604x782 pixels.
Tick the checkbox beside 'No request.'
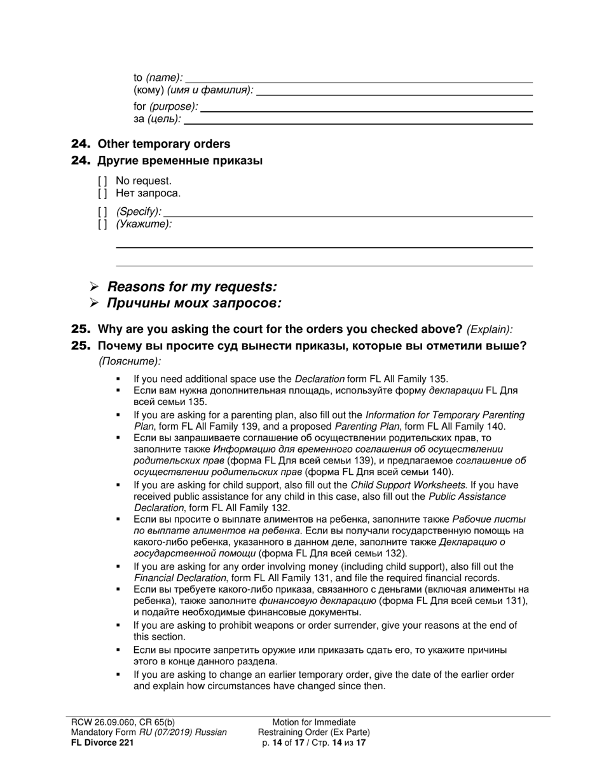pyautogui.click(x=102, y=181)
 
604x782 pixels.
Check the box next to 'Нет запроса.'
pyautogui.click(x=102, y=193)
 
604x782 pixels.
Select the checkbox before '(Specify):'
pyautogui.click(x=102, y=212)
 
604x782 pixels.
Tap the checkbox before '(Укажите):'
pyautogui.click(x=102, y=224)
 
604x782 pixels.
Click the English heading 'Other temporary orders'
pyautogui.click(x=163, y=144)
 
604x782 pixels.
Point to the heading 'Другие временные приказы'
pyautogui.click(x=180, y=161)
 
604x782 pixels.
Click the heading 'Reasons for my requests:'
pyautogui.click(x=191, y=287)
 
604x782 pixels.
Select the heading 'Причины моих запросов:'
pyautogui.click(x=194, y=303)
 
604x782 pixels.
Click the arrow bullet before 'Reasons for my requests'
pyautogui.click(x=94, y=287)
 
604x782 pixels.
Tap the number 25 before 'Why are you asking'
pyautogui.click(x=81, y=329)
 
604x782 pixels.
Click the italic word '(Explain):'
pyautogui.click(x=490, y=330)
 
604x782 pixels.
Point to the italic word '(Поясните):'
pyautogui.click(x=130, y=361)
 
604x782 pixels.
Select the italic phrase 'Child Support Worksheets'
pyautogui.click(x=408, y=485)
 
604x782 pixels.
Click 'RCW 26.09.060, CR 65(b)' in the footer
pyautogui.click(x=123, y=722)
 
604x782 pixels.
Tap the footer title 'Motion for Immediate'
pyautogui.click(x=313, y=722)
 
